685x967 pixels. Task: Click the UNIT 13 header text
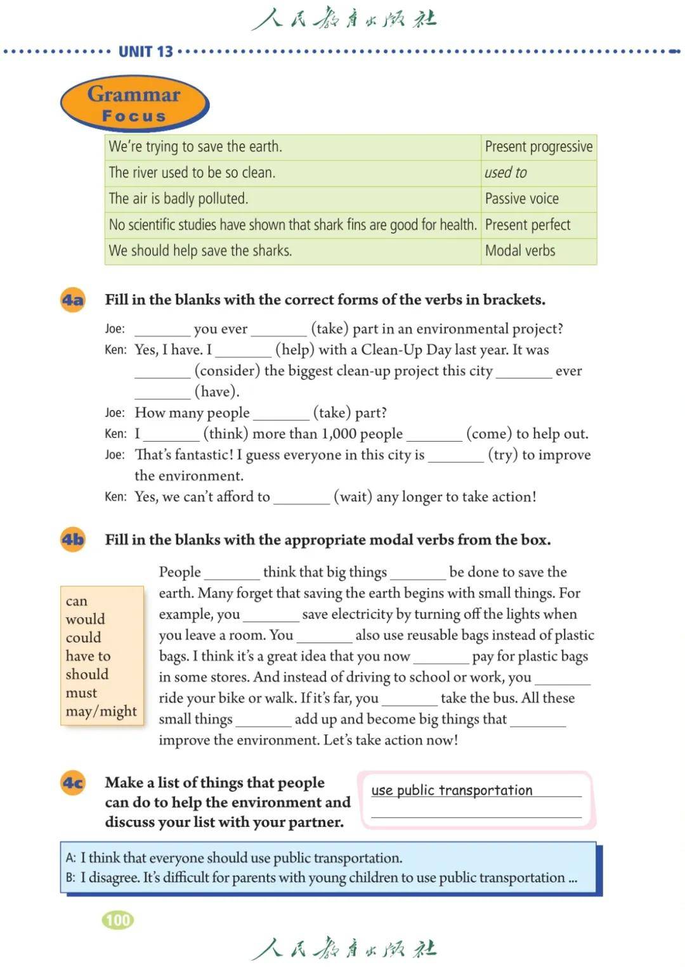click(x=145, y=51)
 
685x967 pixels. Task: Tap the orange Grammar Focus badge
click(x=134, y=104)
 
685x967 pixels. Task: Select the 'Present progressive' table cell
click(x=538, y=147)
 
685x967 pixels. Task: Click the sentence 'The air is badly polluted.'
click(x=178, y=199)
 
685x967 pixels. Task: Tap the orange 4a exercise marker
click(x=73, y=300)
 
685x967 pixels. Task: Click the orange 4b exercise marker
click(x=73, y=540)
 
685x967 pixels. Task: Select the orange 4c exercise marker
click(x=73, y=783)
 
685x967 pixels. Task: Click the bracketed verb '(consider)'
click(x=227, y=371)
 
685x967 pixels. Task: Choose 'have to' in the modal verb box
click(x=88, y=656)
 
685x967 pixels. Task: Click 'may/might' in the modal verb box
click(x=101, y=711)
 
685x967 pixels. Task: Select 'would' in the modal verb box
click(x=86, y=619)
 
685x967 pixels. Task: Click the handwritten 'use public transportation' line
click(x=452, y=790)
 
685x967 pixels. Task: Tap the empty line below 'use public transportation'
click(x=476, y=812)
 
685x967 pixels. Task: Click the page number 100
click(x=118, y=920)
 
